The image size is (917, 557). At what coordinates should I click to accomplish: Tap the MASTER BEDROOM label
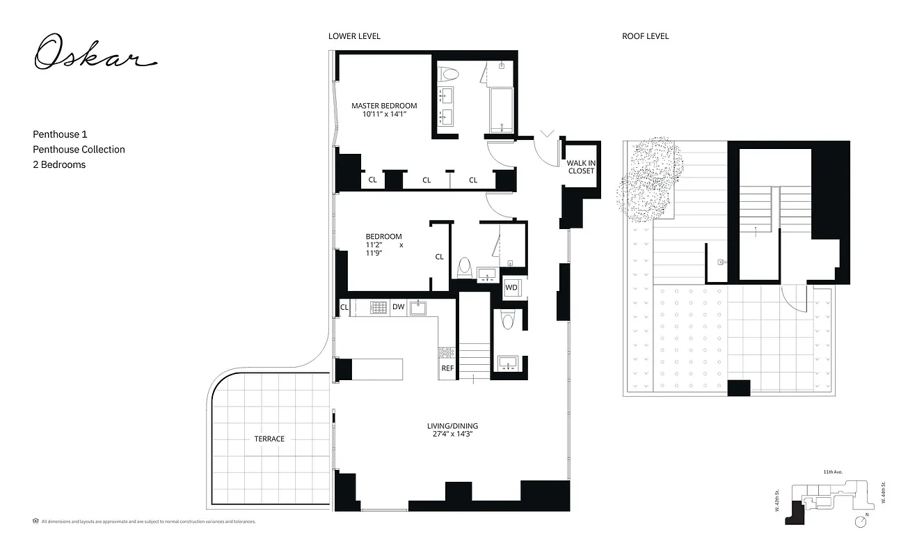pyautogui.click(x=384, y=106)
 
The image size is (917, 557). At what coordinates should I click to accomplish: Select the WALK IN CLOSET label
pyautogui.click(x=581, y=167)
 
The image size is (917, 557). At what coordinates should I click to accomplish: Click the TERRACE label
pyautogui.click(x=269, y=439)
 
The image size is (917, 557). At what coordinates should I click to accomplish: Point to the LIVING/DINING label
pyautogui.click(x=452, y=426)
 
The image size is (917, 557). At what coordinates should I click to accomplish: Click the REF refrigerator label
pyautogui.click(x=447, y=369)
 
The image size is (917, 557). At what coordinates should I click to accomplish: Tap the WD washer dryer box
pyautogui.click(x=511, y=288)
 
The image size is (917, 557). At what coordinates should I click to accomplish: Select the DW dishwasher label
pyautogui.click(x=398, y=306)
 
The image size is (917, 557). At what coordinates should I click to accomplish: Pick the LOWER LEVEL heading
pyautogui.click(x=354, y=36)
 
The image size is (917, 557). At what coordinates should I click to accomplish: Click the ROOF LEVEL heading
pyautogui.click(x=645, y=36)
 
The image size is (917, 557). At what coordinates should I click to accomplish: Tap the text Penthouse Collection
pyautogui.click(x=79, y=149)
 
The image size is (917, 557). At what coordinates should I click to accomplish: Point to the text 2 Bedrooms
pyautogui.click(x=59, y=164)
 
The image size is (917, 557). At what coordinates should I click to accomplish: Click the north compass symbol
pyautogui.click(x=862, y=521)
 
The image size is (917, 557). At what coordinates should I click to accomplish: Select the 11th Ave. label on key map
pyautogui.click(x=833, y=472)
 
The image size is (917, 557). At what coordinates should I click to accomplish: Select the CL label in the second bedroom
pyautogui.click(x=439, y=257)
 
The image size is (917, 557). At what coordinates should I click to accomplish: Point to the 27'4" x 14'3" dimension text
pyautogui.click(x=452, y=434)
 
